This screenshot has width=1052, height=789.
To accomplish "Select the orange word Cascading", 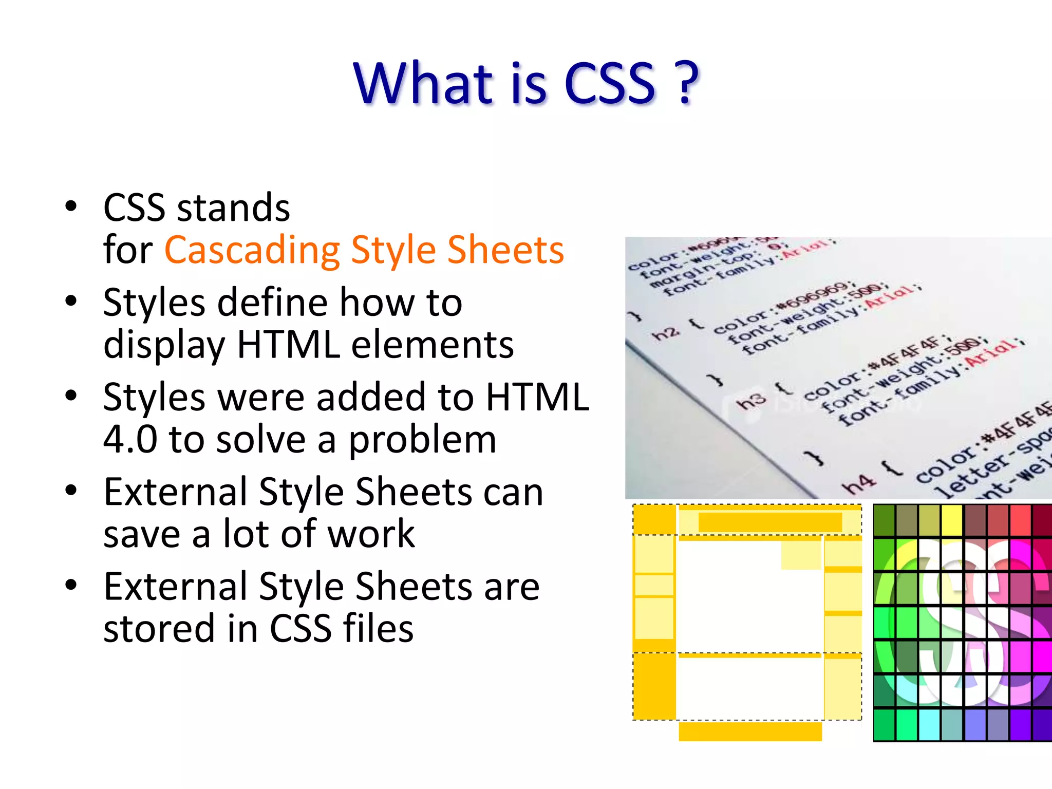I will tap(252, 251).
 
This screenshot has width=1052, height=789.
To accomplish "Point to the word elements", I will tap(432, 345).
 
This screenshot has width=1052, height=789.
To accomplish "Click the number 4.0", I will tap(130, 440).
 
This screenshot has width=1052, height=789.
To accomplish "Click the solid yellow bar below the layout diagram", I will tap(750, 731).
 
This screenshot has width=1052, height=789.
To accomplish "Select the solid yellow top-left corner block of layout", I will tap(654, 519).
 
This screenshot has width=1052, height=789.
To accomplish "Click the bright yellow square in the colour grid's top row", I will tap(952, 520).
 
